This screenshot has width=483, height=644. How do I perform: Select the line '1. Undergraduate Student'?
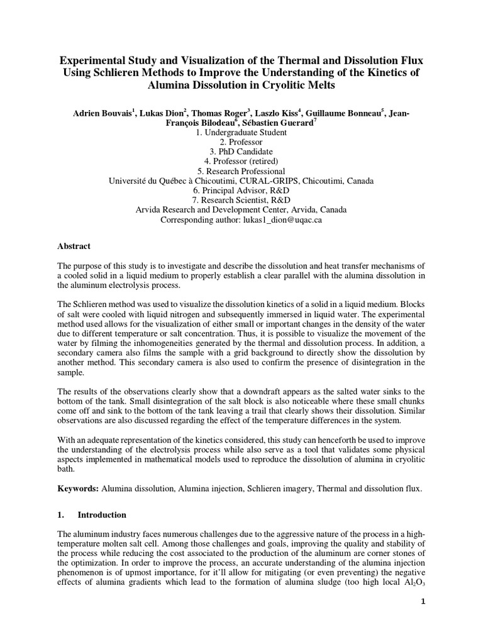pos(241,133)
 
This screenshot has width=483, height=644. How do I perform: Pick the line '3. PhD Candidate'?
pos(241,152)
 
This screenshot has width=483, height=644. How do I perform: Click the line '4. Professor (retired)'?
pos(241,161)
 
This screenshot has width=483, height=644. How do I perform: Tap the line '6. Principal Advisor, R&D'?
pos(241,190)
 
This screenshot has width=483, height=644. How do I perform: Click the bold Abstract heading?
pos(74,246)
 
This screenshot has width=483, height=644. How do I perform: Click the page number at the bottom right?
pos(422,619)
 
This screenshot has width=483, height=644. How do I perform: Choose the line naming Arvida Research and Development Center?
pos(241,209)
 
